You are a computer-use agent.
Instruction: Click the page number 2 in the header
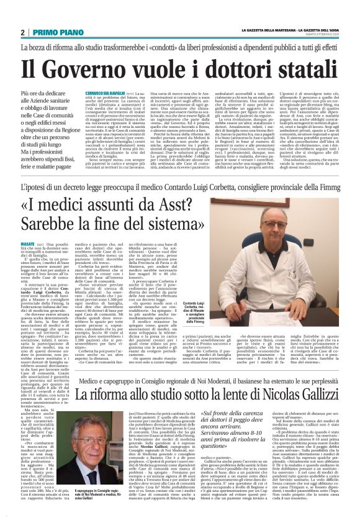coord(23,32)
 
